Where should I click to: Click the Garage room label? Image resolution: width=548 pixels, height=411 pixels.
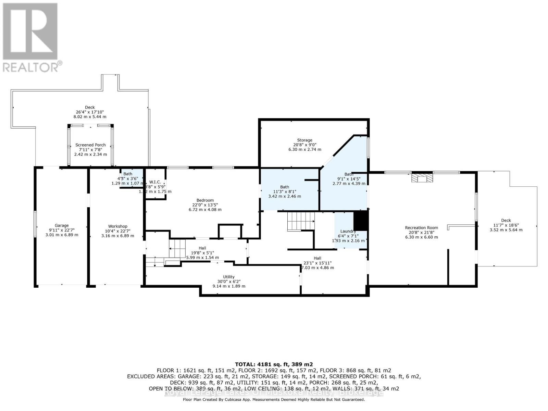point(62,226)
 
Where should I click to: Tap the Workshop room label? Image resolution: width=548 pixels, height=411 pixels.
point(117,226)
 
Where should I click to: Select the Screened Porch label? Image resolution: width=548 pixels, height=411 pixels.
point(90,145)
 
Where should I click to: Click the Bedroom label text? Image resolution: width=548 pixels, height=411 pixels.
point(205,200)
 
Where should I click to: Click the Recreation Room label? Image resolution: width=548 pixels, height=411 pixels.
point(421,228)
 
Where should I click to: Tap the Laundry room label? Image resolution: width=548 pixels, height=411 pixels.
point(348,232)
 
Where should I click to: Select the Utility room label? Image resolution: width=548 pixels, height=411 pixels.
point(229,277)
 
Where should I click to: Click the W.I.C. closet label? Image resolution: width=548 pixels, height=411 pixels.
point(155,182)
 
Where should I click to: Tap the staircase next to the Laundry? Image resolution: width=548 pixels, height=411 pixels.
point(301,221)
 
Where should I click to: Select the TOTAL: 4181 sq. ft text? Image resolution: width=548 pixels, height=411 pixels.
point(274,364)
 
